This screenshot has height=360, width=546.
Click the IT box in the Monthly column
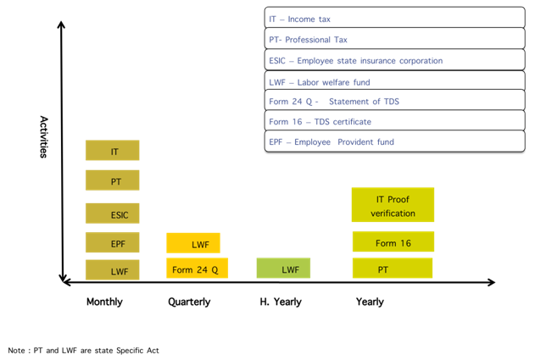tap(113, 150)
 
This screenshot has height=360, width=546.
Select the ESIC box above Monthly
tap(113, 213)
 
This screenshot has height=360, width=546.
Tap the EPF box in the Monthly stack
tap(113, 242)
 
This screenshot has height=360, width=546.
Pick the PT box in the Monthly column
tap(113, 180)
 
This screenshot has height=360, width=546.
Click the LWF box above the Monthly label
tap(113, 269)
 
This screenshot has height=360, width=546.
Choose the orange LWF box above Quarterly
tap(193, 243)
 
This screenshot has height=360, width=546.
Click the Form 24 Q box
tap(197, 268)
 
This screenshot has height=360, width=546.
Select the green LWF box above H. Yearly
tap(283, 268)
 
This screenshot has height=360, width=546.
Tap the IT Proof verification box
tap(393, 204)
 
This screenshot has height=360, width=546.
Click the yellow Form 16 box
tap(393, 241)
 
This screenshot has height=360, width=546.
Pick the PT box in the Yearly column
tap(393, 268)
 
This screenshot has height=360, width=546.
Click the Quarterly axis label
tap(189, 302)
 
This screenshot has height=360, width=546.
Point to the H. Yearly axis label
tap(281, 302)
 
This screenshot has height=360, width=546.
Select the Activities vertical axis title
tap(43, 137)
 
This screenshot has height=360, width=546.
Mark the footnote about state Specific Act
tap(84, 351)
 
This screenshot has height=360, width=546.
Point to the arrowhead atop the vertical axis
tap(61, 24)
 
